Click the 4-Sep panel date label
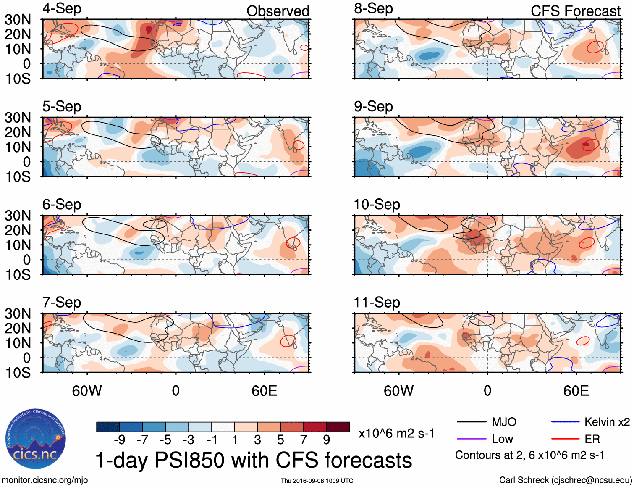coord(62,8)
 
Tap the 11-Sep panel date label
coord(377,302)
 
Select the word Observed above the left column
coord(278,11)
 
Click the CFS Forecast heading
coord(575,11)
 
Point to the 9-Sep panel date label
coord(373,106)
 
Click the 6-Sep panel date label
coord(62,204)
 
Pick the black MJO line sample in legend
coord(471,422)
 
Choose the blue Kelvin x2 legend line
coord(565,422)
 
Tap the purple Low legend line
coord(471,439)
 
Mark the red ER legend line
coord(565,439)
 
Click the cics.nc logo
coord(36,439)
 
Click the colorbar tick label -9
coord(119,440)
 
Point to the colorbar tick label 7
coord(303,440)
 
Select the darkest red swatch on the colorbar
coord(338,427)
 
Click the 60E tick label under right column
coord(576,391)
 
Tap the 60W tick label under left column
coord(87,391)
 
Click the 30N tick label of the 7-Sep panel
coord(18,313)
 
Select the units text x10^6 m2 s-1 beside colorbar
coord(396,433)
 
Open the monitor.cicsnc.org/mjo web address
coord(45,480)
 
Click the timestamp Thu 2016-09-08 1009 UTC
coord(317,481)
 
